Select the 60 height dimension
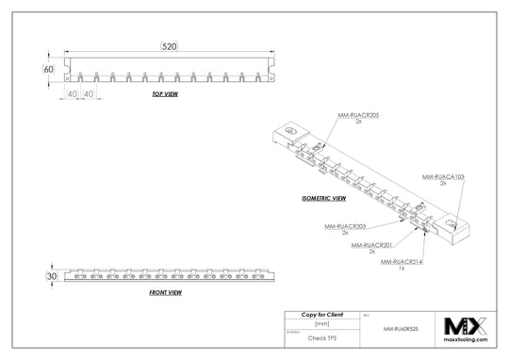coord(48,69)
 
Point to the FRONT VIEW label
coord(165,293)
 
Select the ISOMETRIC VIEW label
coord(323,199)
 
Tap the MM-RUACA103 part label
coord(442,176)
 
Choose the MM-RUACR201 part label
coord(370,245)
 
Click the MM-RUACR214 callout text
coord(402,261)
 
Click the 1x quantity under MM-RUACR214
coord(402,268)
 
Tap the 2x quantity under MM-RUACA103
coord(442,183)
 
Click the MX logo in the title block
coord(469,324)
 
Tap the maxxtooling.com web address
coord(469,344)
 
